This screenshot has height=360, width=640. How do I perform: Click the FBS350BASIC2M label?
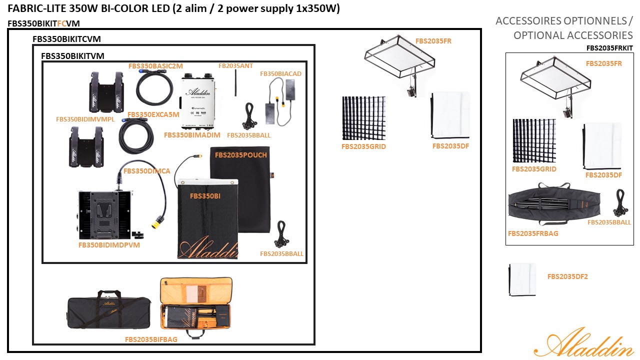(155, 65)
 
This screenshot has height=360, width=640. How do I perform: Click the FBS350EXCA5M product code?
(153, 114)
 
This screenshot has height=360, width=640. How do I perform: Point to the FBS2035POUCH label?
(241, 155)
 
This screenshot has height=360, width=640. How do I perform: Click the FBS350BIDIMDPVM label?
(109, 245)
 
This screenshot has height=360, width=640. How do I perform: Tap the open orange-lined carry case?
(196, 307)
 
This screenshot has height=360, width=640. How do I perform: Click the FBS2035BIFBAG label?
(151, 339)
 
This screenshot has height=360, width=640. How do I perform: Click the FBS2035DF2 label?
(567, 276)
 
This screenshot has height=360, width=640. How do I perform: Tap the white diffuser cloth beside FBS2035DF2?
(522, 279)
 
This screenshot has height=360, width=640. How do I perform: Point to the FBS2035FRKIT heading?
(609, 48)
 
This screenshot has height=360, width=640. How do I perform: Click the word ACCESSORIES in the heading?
(602, 35)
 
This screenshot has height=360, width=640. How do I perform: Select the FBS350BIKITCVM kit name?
(66, 38)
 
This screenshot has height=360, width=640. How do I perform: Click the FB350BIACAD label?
(280, 73)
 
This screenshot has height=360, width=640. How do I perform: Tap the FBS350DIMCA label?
(146, 171)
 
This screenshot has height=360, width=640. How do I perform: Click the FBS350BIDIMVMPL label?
(85, 119)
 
